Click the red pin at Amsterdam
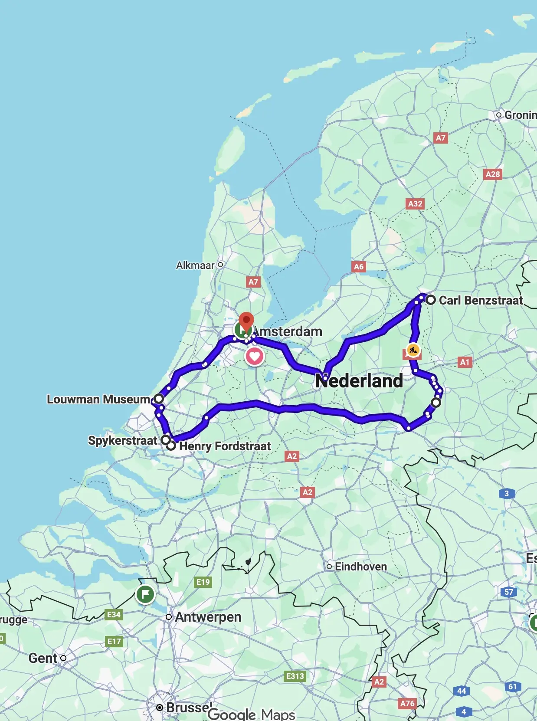pyautogui.click(x=246, y=321)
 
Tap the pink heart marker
pyautogui.click(x=255, y=357)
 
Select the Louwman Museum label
pyautogui.click(x=98, y=399)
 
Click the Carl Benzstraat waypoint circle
pyautogui.click(x=430, y=300)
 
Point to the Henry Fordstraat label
pyautogui.click(x=225, y=446)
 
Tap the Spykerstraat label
pyautogui.click(x=123, y=440)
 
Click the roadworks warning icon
pyautogui.click(x=413, y=350)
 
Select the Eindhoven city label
pyautogui.click(x=360, y=567)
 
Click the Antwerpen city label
pyautogui.click(x=208, y=617)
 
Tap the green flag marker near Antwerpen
pyautogui.click(x=145, y=594)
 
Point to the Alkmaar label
pyautogui.click(x=195, y=265)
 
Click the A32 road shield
pyautogui.click(x=415, y=203)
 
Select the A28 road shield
pyautogui.click(x=493, y=174)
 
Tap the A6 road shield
pyautogui.click(x=358, y=266)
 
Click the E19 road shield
pyautogui.click(x=203, y=582)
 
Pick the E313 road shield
pyautogui.click(x=295, y=676)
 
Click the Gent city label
pyautogui.click(x=43, y=658)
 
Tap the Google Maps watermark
pyautogui.click(x=252, y=714)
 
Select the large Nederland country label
pyautogui.click(x=359, y=381)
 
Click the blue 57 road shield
pyautogui.click(x=509, y=592)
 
